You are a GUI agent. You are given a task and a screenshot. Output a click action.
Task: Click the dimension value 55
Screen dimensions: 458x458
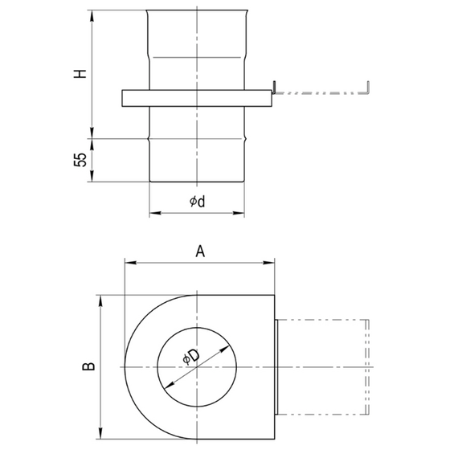[80, 159]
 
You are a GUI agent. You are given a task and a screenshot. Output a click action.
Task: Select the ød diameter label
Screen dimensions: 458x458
[197, 202]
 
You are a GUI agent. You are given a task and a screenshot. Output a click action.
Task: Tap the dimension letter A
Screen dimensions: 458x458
[201, 251]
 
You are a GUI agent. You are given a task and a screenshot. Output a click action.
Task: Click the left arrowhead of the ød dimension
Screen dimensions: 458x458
[153, 214]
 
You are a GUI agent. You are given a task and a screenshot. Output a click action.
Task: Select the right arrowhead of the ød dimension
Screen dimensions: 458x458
[241, 214]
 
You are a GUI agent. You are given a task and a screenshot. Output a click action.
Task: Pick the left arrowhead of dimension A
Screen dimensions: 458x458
[127, 262]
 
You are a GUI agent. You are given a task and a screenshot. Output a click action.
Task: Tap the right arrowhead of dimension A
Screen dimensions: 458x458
[272, 262]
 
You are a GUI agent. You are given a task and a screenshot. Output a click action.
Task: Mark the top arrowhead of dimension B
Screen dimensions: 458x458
[100, 299]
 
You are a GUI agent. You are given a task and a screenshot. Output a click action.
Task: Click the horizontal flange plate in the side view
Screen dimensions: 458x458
[197, 98]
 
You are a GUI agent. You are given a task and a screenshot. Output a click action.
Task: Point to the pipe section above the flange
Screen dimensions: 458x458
[197, 48]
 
